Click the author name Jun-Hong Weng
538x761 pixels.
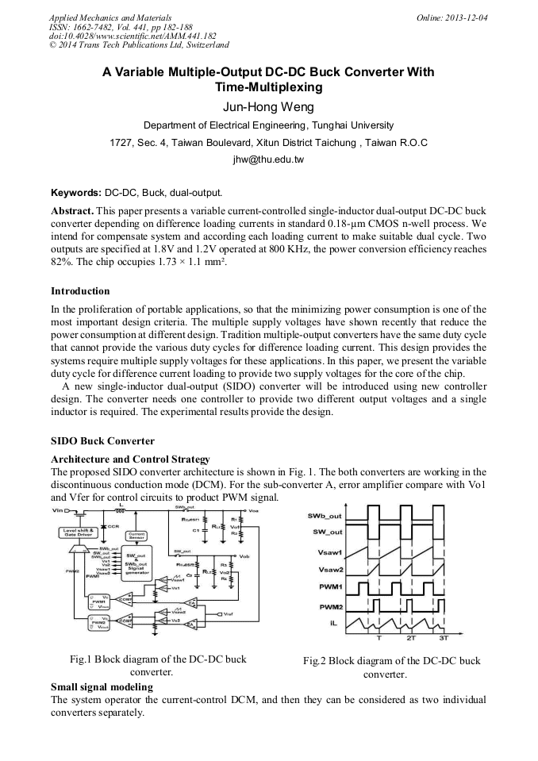tap(268, 108)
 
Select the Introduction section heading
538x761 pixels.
tap(80, 291)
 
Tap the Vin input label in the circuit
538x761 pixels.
tap(58, 509)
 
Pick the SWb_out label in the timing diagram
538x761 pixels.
tap(325, 517)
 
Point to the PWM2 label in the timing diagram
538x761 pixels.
tap(329, 606)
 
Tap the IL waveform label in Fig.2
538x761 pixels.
tap(333, 624)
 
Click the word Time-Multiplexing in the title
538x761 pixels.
tap(268, 86)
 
